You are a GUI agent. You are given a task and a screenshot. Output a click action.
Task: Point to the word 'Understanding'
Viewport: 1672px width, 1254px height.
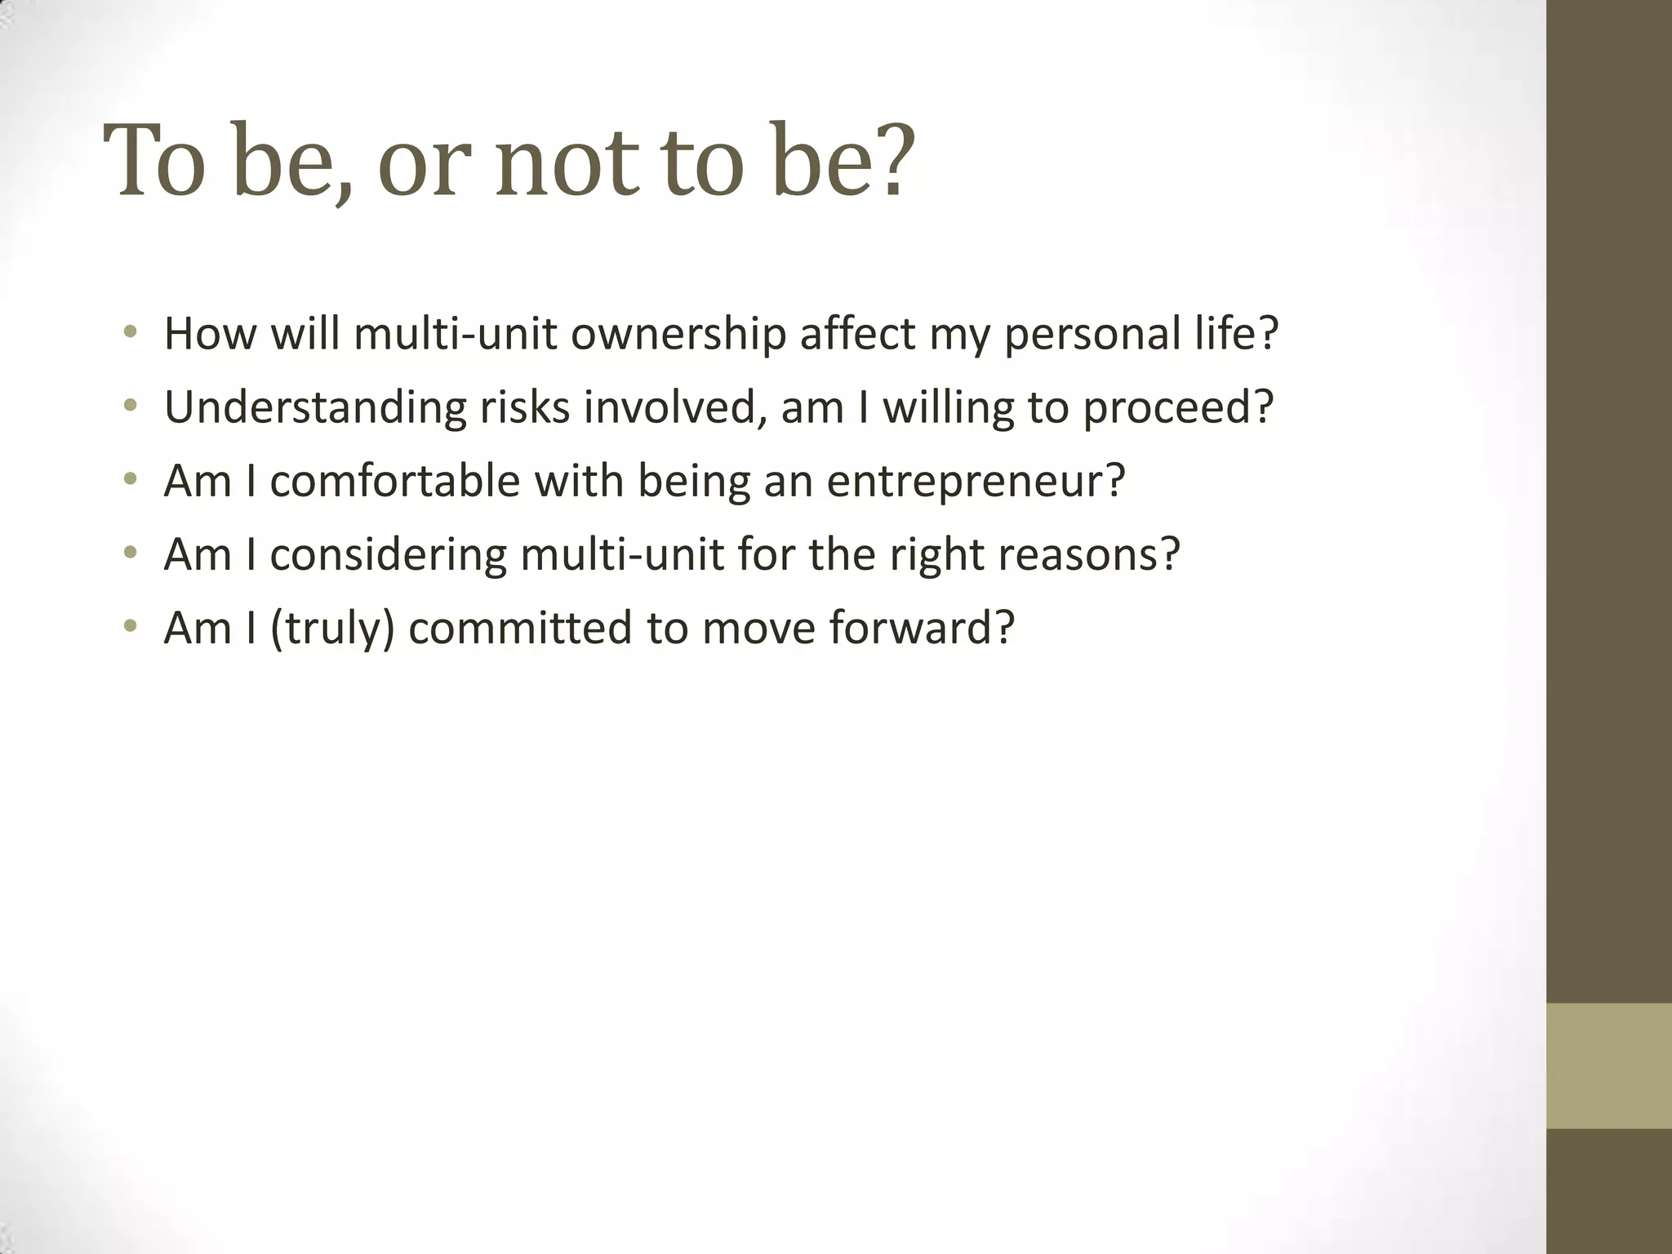pos(315,407)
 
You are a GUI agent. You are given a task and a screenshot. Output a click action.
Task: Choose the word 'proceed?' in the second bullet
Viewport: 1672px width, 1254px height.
pos(1178,407)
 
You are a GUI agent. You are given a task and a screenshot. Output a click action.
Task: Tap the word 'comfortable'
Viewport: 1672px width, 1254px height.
pos(394,481)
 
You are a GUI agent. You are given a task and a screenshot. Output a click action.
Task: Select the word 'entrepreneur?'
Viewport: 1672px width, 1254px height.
pos(976,482)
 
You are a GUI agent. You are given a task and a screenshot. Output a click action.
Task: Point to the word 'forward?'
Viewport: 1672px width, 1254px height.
pos(922,629)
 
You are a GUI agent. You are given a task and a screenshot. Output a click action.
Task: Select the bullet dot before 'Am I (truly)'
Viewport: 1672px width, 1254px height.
pos(130,626)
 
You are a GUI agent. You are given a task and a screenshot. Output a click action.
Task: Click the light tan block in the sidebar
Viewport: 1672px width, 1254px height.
pos(1608,1065)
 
